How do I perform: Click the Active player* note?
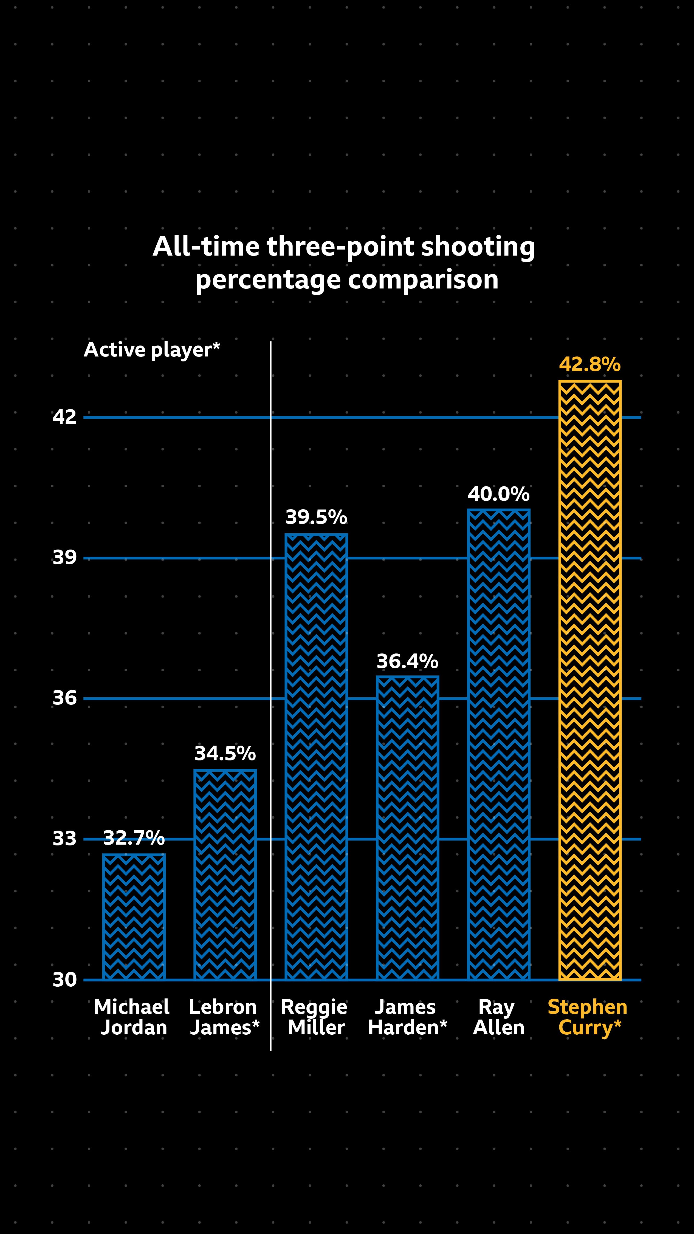[x=152, y=350]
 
